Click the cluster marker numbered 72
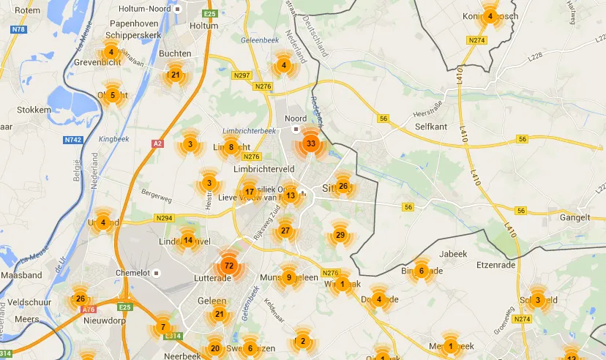point(228,266)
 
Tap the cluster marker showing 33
point(311,143)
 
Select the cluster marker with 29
point(340,235)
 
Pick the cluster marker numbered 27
point(285,231)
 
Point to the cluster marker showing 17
point(250,192)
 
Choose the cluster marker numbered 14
point(188,240)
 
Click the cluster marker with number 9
point(289,277)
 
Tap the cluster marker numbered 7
point(162,327)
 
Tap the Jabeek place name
point(454,254)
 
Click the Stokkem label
point(33,110)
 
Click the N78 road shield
point(18,30)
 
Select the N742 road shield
point(72,140)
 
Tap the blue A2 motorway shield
point(157,144)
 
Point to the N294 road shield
point(163,218)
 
